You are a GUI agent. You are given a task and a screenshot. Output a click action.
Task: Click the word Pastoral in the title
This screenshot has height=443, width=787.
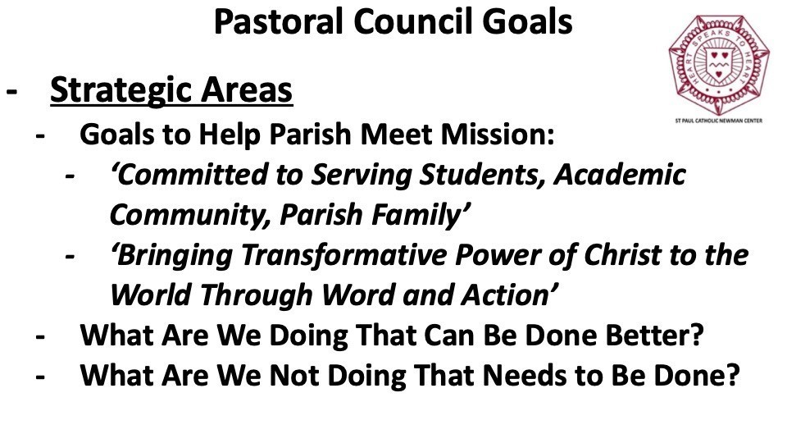(280, 21)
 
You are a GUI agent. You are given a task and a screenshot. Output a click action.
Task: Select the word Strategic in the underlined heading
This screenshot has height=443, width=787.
(121, 91)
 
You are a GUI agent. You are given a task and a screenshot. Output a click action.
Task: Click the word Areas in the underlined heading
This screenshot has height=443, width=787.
(247, 90)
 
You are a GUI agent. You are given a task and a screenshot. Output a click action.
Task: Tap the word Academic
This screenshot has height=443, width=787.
(620, 174)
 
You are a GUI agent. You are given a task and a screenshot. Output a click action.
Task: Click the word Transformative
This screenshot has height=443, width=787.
(345, 254)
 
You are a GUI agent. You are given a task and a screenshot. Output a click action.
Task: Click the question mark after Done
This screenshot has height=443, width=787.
(733, 375)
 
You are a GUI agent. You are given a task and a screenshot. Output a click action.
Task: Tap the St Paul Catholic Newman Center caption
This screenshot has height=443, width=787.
(719, 121)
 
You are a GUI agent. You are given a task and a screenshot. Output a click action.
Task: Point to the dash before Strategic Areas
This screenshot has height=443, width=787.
(11, 92)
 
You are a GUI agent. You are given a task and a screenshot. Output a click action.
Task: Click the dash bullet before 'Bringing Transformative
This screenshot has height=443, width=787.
(71, 256)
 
